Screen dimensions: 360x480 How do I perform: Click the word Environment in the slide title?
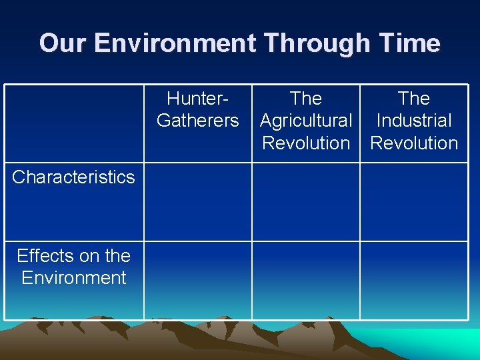(175, 43)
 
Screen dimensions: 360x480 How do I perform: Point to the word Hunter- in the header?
(198, 99)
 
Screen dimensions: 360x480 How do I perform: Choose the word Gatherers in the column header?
(198, 121)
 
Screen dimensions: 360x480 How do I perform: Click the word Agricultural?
(306, 121)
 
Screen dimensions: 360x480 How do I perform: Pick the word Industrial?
(414, 121)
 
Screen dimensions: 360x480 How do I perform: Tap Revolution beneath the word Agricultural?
(306, 143)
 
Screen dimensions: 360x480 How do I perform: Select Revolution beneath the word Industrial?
(414, 143)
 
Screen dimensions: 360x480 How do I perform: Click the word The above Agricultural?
(306, 99)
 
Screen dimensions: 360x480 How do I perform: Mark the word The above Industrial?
(414, 99)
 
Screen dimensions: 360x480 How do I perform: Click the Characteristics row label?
(73, 177)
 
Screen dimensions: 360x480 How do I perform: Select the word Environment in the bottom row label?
(73, 277)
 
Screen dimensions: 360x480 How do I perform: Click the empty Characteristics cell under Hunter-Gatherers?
(198, 202)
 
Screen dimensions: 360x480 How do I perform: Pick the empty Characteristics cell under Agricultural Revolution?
(306, 202)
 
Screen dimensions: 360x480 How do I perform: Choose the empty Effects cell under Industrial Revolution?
(414, 280)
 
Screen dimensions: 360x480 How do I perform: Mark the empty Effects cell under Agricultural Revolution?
(306, 280)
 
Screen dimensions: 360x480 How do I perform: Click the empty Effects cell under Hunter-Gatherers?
(198, 280)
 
